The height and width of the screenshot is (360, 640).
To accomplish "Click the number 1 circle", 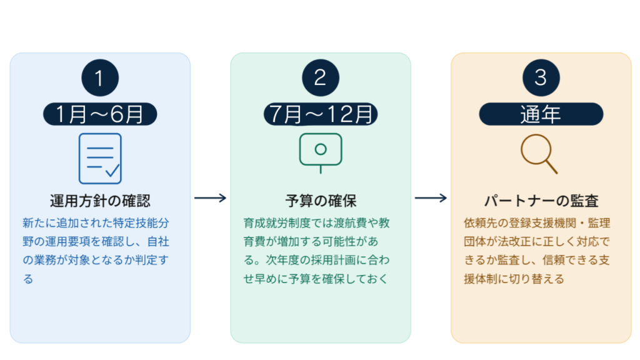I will coord(99,77).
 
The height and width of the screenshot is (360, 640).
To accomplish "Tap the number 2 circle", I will coord(320,77).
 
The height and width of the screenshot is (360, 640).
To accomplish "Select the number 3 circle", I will coord(541,77).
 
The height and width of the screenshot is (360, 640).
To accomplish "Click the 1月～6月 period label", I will coord(99,114).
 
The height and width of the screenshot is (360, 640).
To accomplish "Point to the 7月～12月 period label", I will coord(320,114).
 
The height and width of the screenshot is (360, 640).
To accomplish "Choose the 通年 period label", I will coord(541,114).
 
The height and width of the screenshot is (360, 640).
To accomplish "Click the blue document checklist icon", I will coord(100,157).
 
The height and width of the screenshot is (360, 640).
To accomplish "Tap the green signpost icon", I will coord(321,152).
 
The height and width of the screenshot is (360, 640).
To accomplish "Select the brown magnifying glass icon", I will coord(539,154).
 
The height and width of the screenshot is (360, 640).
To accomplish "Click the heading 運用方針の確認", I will coord(100,201).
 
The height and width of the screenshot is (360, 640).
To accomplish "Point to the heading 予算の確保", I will coord(321,201).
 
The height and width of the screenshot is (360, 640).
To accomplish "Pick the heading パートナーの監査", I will coord(541,201).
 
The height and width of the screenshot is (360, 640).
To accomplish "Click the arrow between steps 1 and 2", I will coord(210,199).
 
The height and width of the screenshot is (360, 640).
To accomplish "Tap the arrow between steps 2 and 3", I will coord(431,199).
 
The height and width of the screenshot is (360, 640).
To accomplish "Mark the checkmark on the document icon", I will coord(112,169).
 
